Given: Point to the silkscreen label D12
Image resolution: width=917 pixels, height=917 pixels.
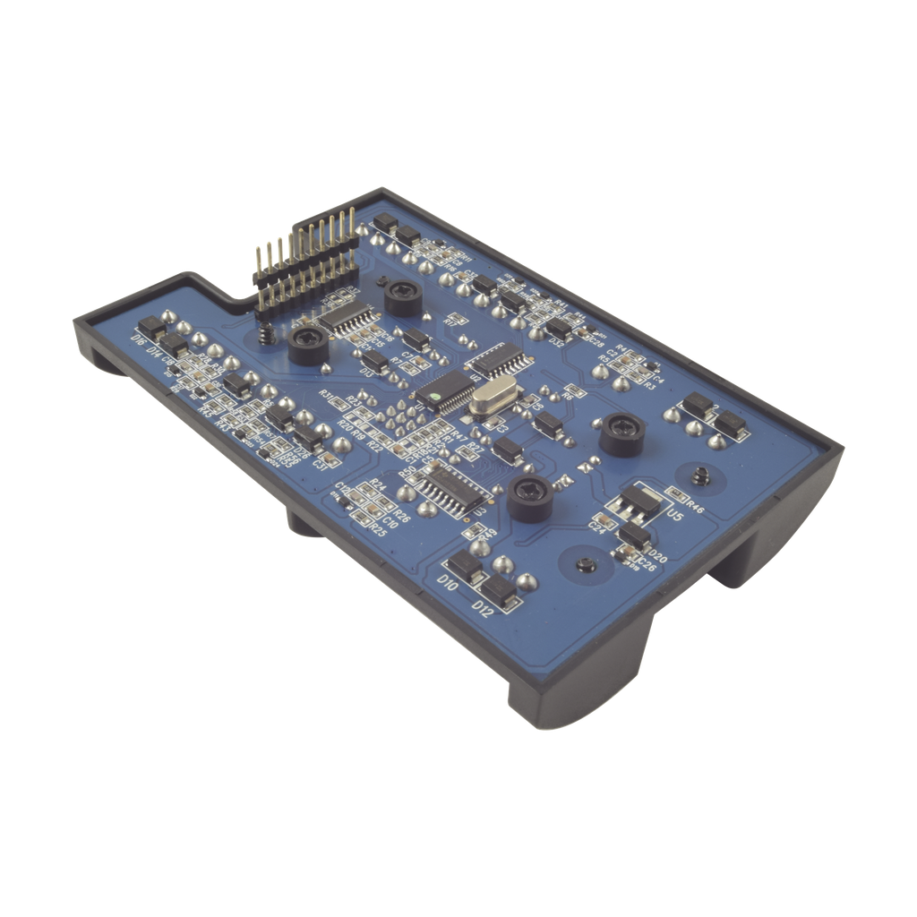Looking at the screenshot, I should pyautogui.click(x=484, y=610).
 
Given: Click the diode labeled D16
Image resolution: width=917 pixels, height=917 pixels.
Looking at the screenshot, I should pyautogui.click(x=152, y=329).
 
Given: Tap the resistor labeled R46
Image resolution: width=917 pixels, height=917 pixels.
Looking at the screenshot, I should pyautogui.click(x=678, y=501).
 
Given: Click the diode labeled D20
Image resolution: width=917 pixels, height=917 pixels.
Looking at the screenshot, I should pyautogui.click(x=634, y=536).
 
